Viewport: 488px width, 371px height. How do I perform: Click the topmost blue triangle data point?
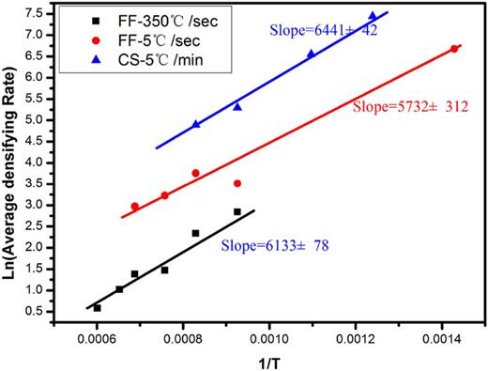click(373, 16)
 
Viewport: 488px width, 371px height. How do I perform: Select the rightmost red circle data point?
click(454, 49)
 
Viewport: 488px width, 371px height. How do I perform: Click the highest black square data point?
click(237, 212)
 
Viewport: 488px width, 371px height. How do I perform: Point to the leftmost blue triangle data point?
click(195, 124)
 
